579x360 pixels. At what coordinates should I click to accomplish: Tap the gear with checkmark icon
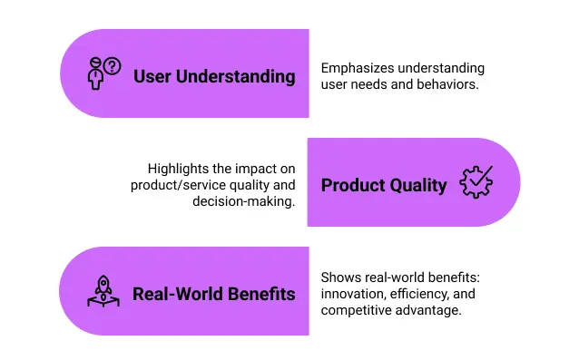pos(476,182)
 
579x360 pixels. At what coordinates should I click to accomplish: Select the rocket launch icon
pos(103,291)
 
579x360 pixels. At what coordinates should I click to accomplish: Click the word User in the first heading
pos(152,76)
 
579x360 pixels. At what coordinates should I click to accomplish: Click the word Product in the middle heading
pos(354,185)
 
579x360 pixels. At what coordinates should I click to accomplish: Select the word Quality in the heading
pos(418,185)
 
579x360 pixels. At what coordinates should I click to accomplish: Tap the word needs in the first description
pos(373,85)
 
